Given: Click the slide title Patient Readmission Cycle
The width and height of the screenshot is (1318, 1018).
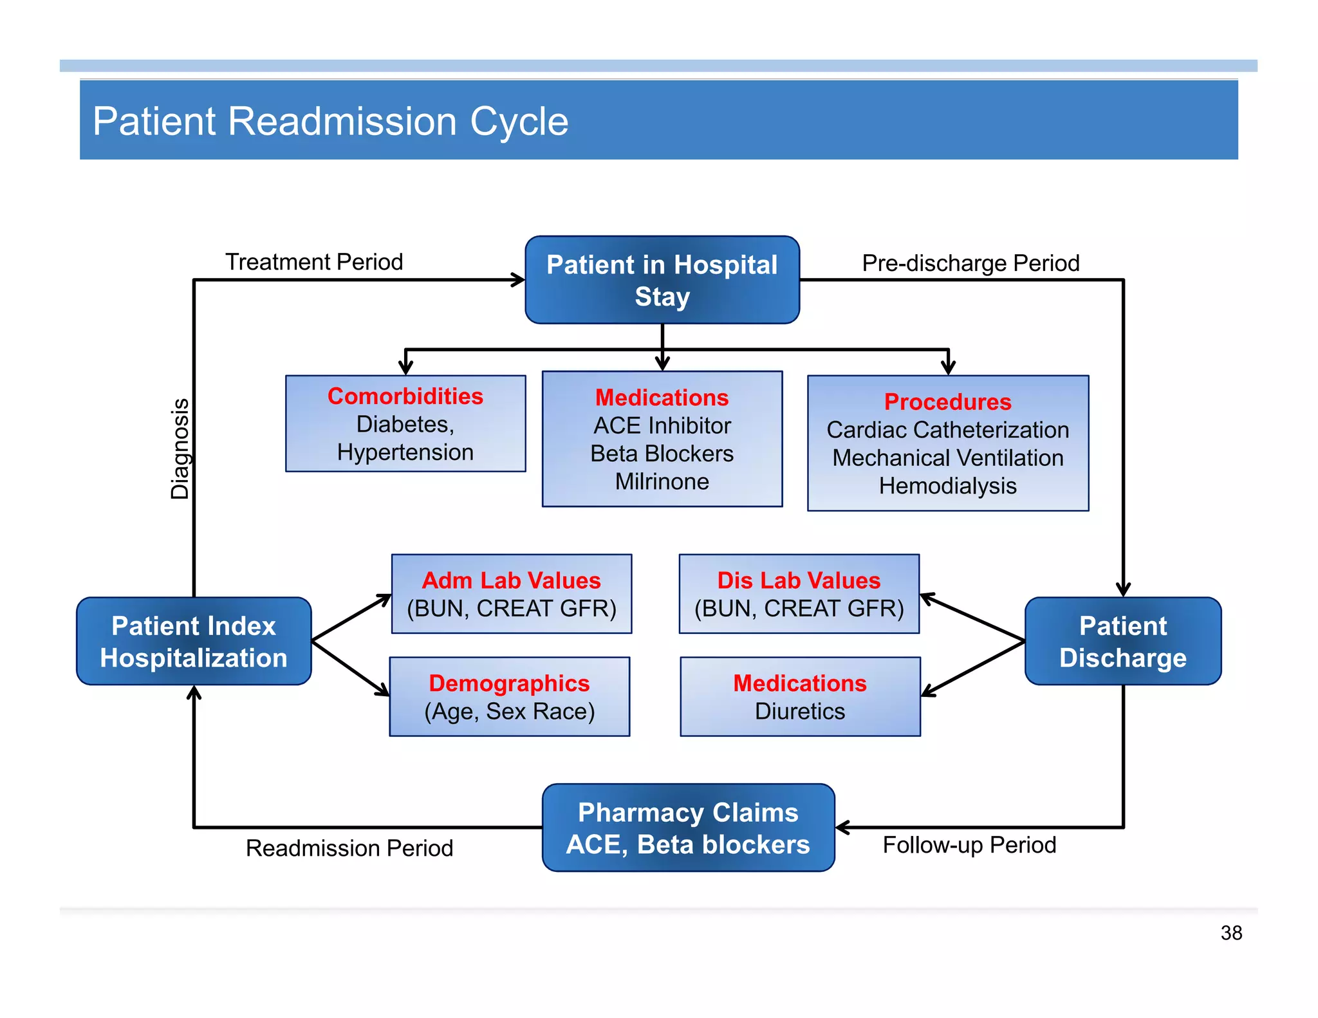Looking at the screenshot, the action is click(330, 121).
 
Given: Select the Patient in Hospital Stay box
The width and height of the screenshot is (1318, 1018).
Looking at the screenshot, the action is click(662, 280).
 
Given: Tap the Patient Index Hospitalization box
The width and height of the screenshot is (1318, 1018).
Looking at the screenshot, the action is click(194, 642).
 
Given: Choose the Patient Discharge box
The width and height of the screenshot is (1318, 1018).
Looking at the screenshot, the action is click(1122, 642).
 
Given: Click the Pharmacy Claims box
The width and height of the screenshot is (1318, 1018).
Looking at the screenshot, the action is click(688, 828).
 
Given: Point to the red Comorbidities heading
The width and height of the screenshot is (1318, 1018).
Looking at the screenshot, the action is click(405, 396).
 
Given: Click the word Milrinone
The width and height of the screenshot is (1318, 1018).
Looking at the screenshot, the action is click(662, 481).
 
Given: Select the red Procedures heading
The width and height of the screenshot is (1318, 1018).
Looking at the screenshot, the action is click(947, 402).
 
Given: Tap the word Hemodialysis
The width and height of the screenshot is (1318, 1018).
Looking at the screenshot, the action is click(947, 486).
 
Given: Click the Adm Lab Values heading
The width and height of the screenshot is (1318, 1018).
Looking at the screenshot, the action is click(511, 580).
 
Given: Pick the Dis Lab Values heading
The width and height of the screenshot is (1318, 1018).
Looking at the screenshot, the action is click(799, 580).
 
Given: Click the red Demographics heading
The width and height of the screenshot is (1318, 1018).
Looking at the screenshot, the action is click(509, 683).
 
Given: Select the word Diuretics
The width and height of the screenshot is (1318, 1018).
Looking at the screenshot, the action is click(799, 711).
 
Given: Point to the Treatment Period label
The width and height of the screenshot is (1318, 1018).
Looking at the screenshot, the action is click(314, 262).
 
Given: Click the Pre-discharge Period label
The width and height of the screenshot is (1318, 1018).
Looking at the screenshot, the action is click(970, 263).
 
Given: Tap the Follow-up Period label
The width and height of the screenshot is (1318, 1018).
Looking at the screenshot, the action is click(969, 845).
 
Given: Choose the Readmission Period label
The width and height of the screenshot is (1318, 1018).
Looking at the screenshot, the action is click(349, 848).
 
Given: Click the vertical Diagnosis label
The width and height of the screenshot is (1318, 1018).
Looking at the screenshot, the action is click(180, 449).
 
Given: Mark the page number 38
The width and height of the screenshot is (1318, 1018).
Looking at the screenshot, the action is click(1230, 932).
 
